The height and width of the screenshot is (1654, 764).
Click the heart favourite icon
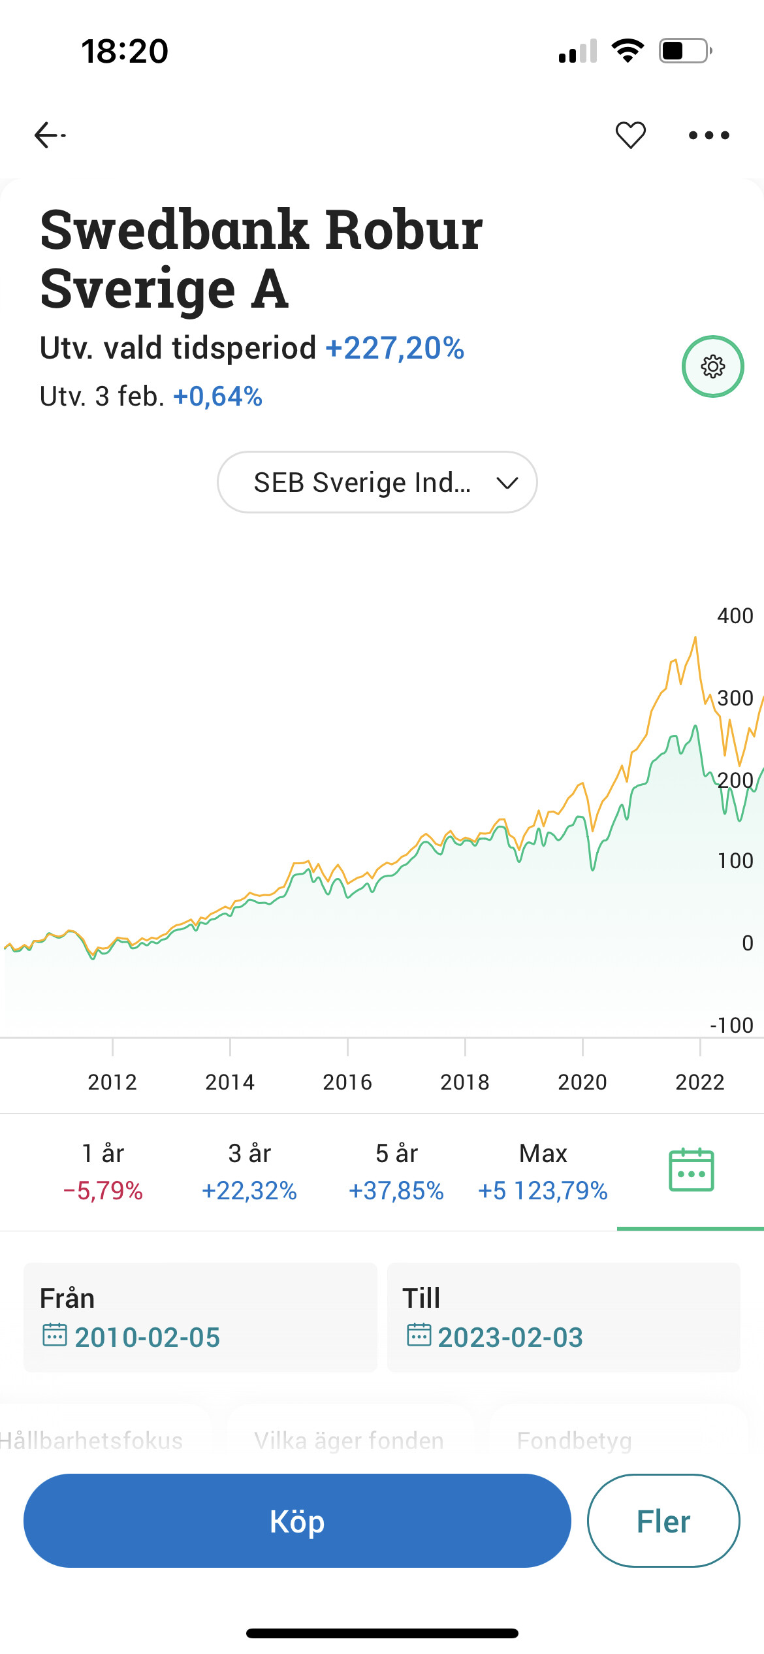(x=630, y=135)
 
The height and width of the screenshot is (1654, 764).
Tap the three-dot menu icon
(x=708, y=135)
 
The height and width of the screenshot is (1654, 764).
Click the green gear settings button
(x=712, y=366)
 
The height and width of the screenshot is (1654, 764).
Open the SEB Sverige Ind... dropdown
(x=377, y=482)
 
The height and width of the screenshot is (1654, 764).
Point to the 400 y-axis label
(x=735, y=615)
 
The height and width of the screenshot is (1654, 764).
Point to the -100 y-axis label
(x=731, y=1025)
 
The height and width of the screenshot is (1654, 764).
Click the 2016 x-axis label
(x=347, y=1082)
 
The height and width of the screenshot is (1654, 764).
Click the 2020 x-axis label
(x=582, y=1082)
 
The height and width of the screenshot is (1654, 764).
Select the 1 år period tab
(x=103, y=1171)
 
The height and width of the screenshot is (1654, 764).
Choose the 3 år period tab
(x=249, y=1171)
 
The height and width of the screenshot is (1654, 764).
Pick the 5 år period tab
(x=396, y=1171)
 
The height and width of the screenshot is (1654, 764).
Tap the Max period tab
(x=543, y=1171)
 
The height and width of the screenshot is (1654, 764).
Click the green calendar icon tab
(x=691, y=1170)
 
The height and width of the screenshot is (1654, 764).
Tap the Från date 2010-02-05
(x=147, y=1337)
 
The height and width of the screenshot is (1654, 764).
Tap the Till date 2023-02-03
(x=510, y=1337)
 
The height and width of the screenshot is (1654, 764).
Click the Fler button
(x=663, y=1521)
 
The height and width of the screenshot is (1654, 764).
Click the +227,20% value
(x=395, y=348)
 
